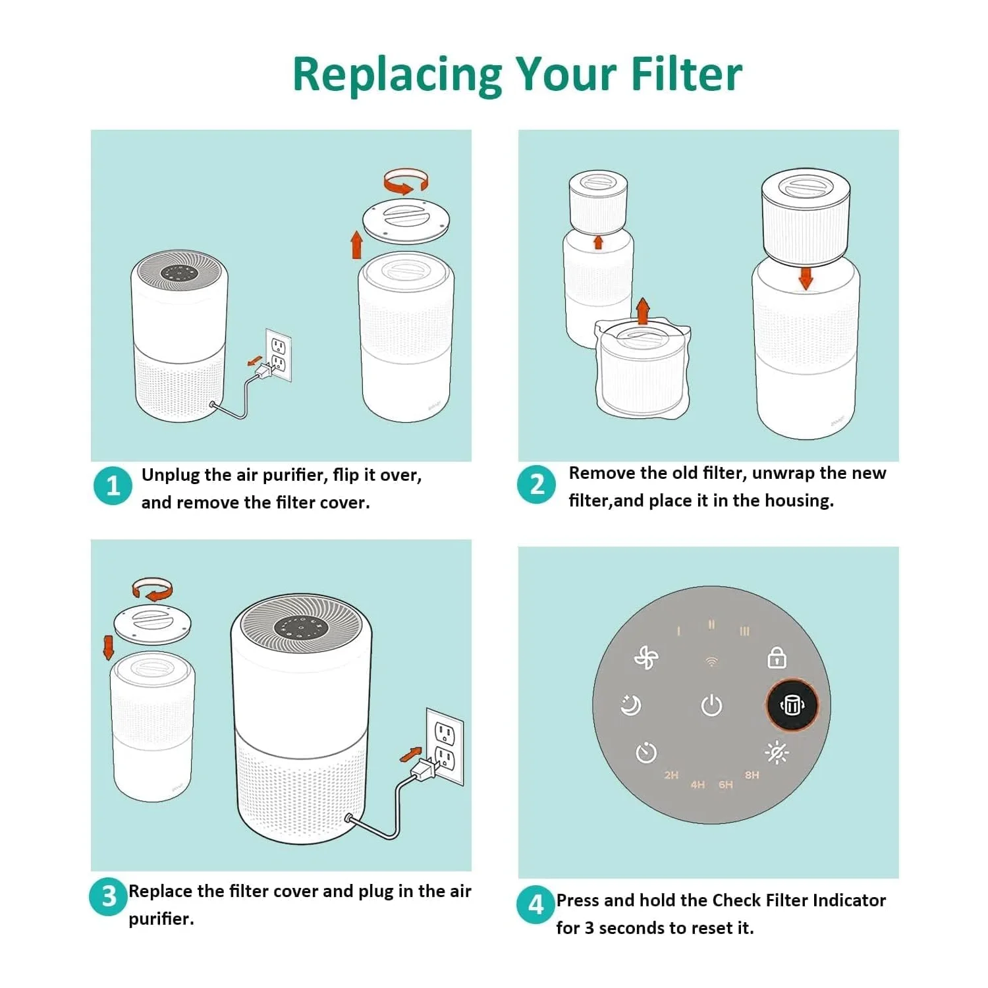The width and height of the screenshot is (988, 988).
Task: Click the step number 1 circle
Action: (113, 485)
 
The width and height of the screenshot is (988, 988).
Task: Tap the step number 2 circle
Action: (537, 484)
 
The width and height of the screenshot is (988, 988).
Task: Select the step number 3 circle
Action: (109, 896)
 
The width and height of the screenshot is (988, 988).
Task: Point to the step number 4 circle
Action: (535, 904)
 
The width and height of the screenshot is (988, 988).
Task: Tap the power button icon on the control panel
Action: (711, 705)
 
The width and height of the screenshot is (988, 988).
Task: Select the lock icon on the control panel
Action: (777, 657)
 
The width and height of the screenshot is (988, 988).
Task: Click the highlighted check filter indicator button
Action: (792, 705)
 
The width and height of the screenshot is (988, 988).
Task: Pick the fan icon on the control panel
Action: (645, 657)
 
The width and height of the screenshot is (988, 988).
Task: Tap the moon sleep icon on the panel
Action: (631, 705)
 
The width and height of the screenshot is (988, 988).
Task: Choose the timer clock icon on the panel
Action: (646, 752)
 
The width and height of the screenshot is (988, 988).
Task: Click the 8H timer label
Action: (752, 775)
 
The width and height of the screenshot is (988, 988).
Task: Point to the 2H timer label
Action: (671, 775)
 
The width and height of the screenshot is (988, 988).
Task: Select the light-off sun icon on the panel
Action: (777, 752)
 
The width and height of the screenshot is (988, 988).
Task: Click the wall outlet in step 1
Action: (279, 354)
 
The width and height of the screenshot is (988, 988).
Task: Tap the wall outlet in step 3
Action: (445, 747)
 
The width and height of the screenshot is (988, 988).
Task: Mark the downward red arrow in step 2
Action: (806, 277)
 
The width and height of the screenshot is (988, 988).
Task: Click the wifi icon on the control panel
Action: (711, 661)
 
